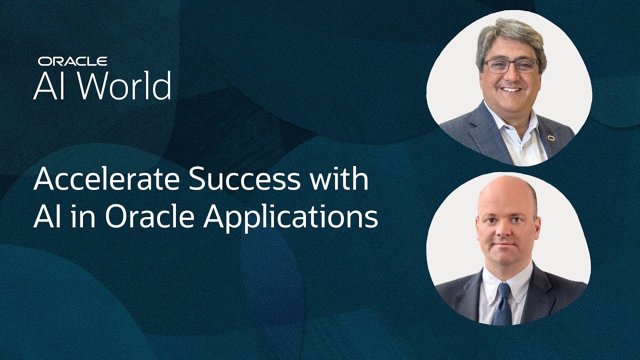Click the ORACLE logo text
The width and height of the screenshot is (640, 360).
[72, 61]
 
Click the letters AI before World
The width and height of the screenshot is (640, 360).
[48, 86]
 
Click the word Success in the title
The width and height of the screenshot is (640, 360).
[244, 179]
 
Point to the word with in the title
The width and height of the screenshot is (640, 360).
[339, 178]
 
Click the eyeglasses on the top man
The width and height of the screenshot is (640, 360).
[511, 66]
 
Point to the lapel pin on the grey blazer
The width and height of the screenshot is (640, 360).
[551, 138]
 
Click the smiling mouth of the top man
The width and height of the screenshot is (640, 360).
[511, 89]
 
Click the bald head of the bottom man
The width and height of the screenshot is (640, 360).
[507, 194]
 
